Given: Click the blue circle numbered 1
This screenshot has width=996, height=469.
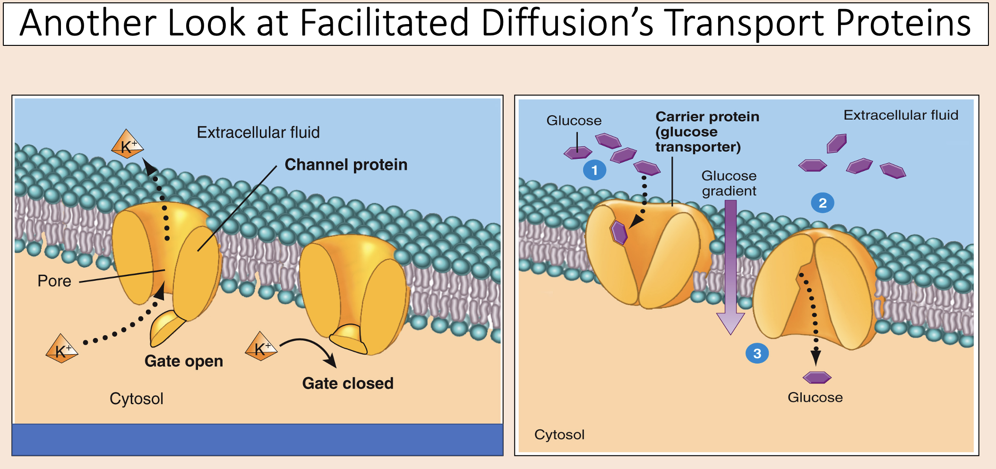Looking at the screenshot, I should [x=594, y=170].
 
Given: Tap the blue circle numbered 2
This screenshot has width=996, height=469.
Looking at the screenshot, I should [x=822, y=203].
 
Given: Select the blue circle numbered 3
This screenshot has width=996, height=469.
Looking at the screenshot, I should [x=757, y=353].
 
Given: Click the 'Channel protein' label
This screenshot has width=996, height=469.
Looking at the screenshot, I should [x=346, y=165].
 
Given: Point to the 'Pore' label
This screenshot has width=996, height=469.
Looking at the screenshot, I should [x=54, y=281].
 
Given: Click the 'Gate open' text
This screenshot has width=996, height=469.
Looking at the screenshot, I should [x=184, y=361].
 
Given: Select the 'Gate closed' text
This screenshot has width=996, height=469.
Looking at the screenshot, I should [x=348, y=383].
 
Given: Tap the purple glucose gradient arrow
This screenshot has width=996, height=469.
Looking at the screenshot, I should [x=730, y=265].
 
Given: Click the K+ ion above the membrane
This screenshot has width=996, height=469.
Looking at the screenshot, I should [x=127, y=144].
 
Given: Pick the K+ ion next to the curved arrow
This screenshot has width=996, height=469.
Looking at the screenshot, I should [x=261, y=347].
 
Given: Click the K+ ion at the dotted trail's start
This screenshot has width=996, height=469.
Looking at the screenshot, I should [x=62, y=349].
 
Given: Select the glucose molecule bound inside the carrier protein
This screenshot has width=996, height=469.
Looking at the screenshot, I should [x=618, y=232].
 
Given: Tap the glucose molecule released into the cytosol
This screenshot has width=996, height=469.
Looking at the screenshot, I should [x=816, y=377].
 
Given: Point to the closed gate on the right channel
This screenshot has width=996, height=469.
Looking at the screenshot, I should [x=349, y=339].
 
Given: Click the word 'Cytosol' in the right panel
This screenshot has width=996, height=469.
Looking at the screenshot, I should [x=559, y=434].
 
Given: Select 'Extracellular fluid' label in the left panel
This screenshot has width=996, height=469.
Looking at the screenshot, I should [x=258, y=132].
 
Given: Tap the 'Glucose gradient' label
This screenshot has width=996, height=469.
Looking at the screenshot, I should [x=729, y=183].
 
